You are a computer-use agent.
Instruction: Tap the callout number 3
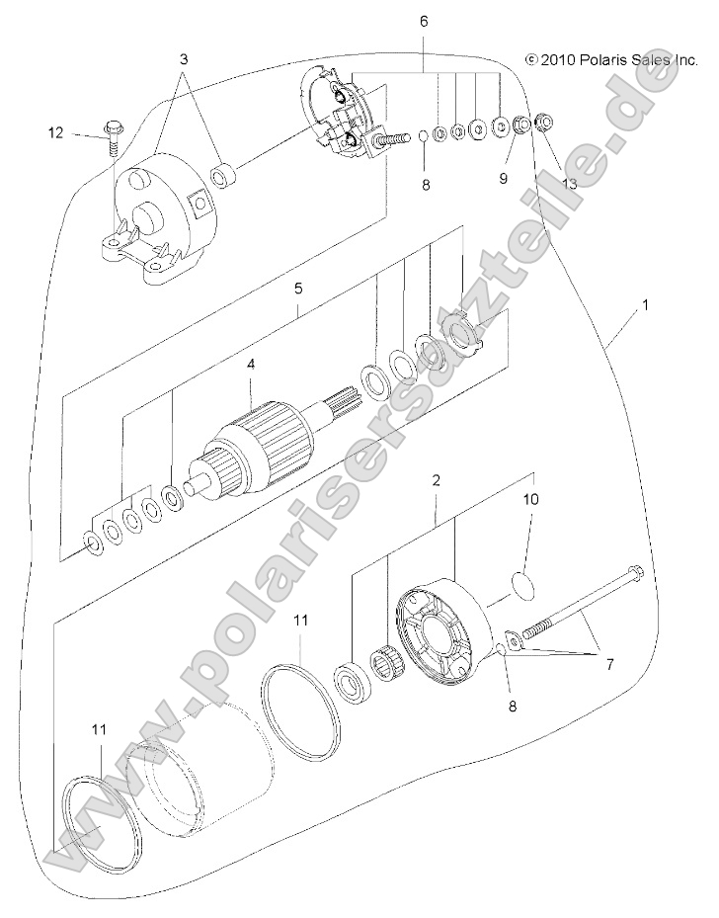click(x=184, y=59)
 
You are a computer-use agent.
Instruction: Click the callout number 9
click(x=502, y=179)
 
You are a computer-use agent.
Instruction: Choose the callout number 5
click(x=297, y=289)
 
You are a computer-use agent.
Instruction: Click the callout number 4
click(x=251, y=365)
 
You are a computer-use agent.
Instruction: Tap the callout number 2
click(x=436, y=480)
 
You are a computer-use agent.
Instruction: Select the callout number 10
click(x=530, y=500)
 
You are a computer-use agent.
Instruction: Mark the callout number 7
click(x=608, y=664)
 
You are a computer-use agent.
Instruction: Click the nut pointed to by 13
click(x=542, y=125)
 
